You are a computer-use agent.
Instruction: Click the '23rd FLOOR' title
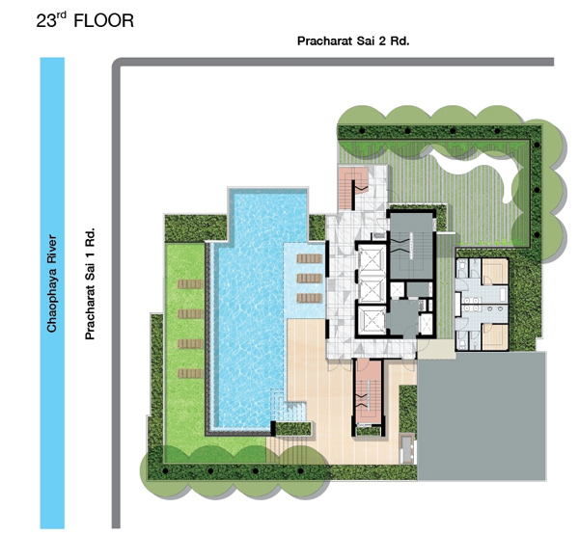pos(85,20)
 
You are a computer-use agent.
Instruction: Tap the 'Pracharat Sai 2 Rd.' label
pos(353,40)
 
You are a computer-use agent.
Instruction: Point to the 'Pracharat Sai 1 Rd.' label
pos(90,283)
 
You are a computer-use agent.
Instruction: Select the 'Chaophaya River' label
pos(52,283)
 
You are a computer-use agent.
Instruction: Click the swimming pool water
pos(251,313)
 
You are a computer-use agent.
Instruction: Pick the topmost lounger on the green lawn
pos(190,283)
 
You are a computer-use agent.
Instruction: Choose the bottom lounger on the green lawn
pos(190,373)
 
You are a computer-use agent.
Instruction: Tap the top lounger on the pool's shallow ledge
pos(310,258)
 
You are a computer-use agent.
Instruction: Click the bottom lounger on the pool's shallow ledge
pos(310,298)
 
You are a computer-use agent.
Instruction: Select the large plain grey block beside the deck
pos(482,416)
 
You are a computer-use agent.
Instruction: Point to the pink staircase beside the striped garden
pos(352,188)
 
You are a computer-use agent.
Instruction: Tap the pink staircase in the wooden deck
pos(368,392)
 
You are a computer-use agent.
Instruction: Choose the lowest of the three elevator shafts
pos(372,319)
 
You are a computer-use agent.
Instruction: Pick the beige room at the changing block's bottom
pos(495,336)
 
